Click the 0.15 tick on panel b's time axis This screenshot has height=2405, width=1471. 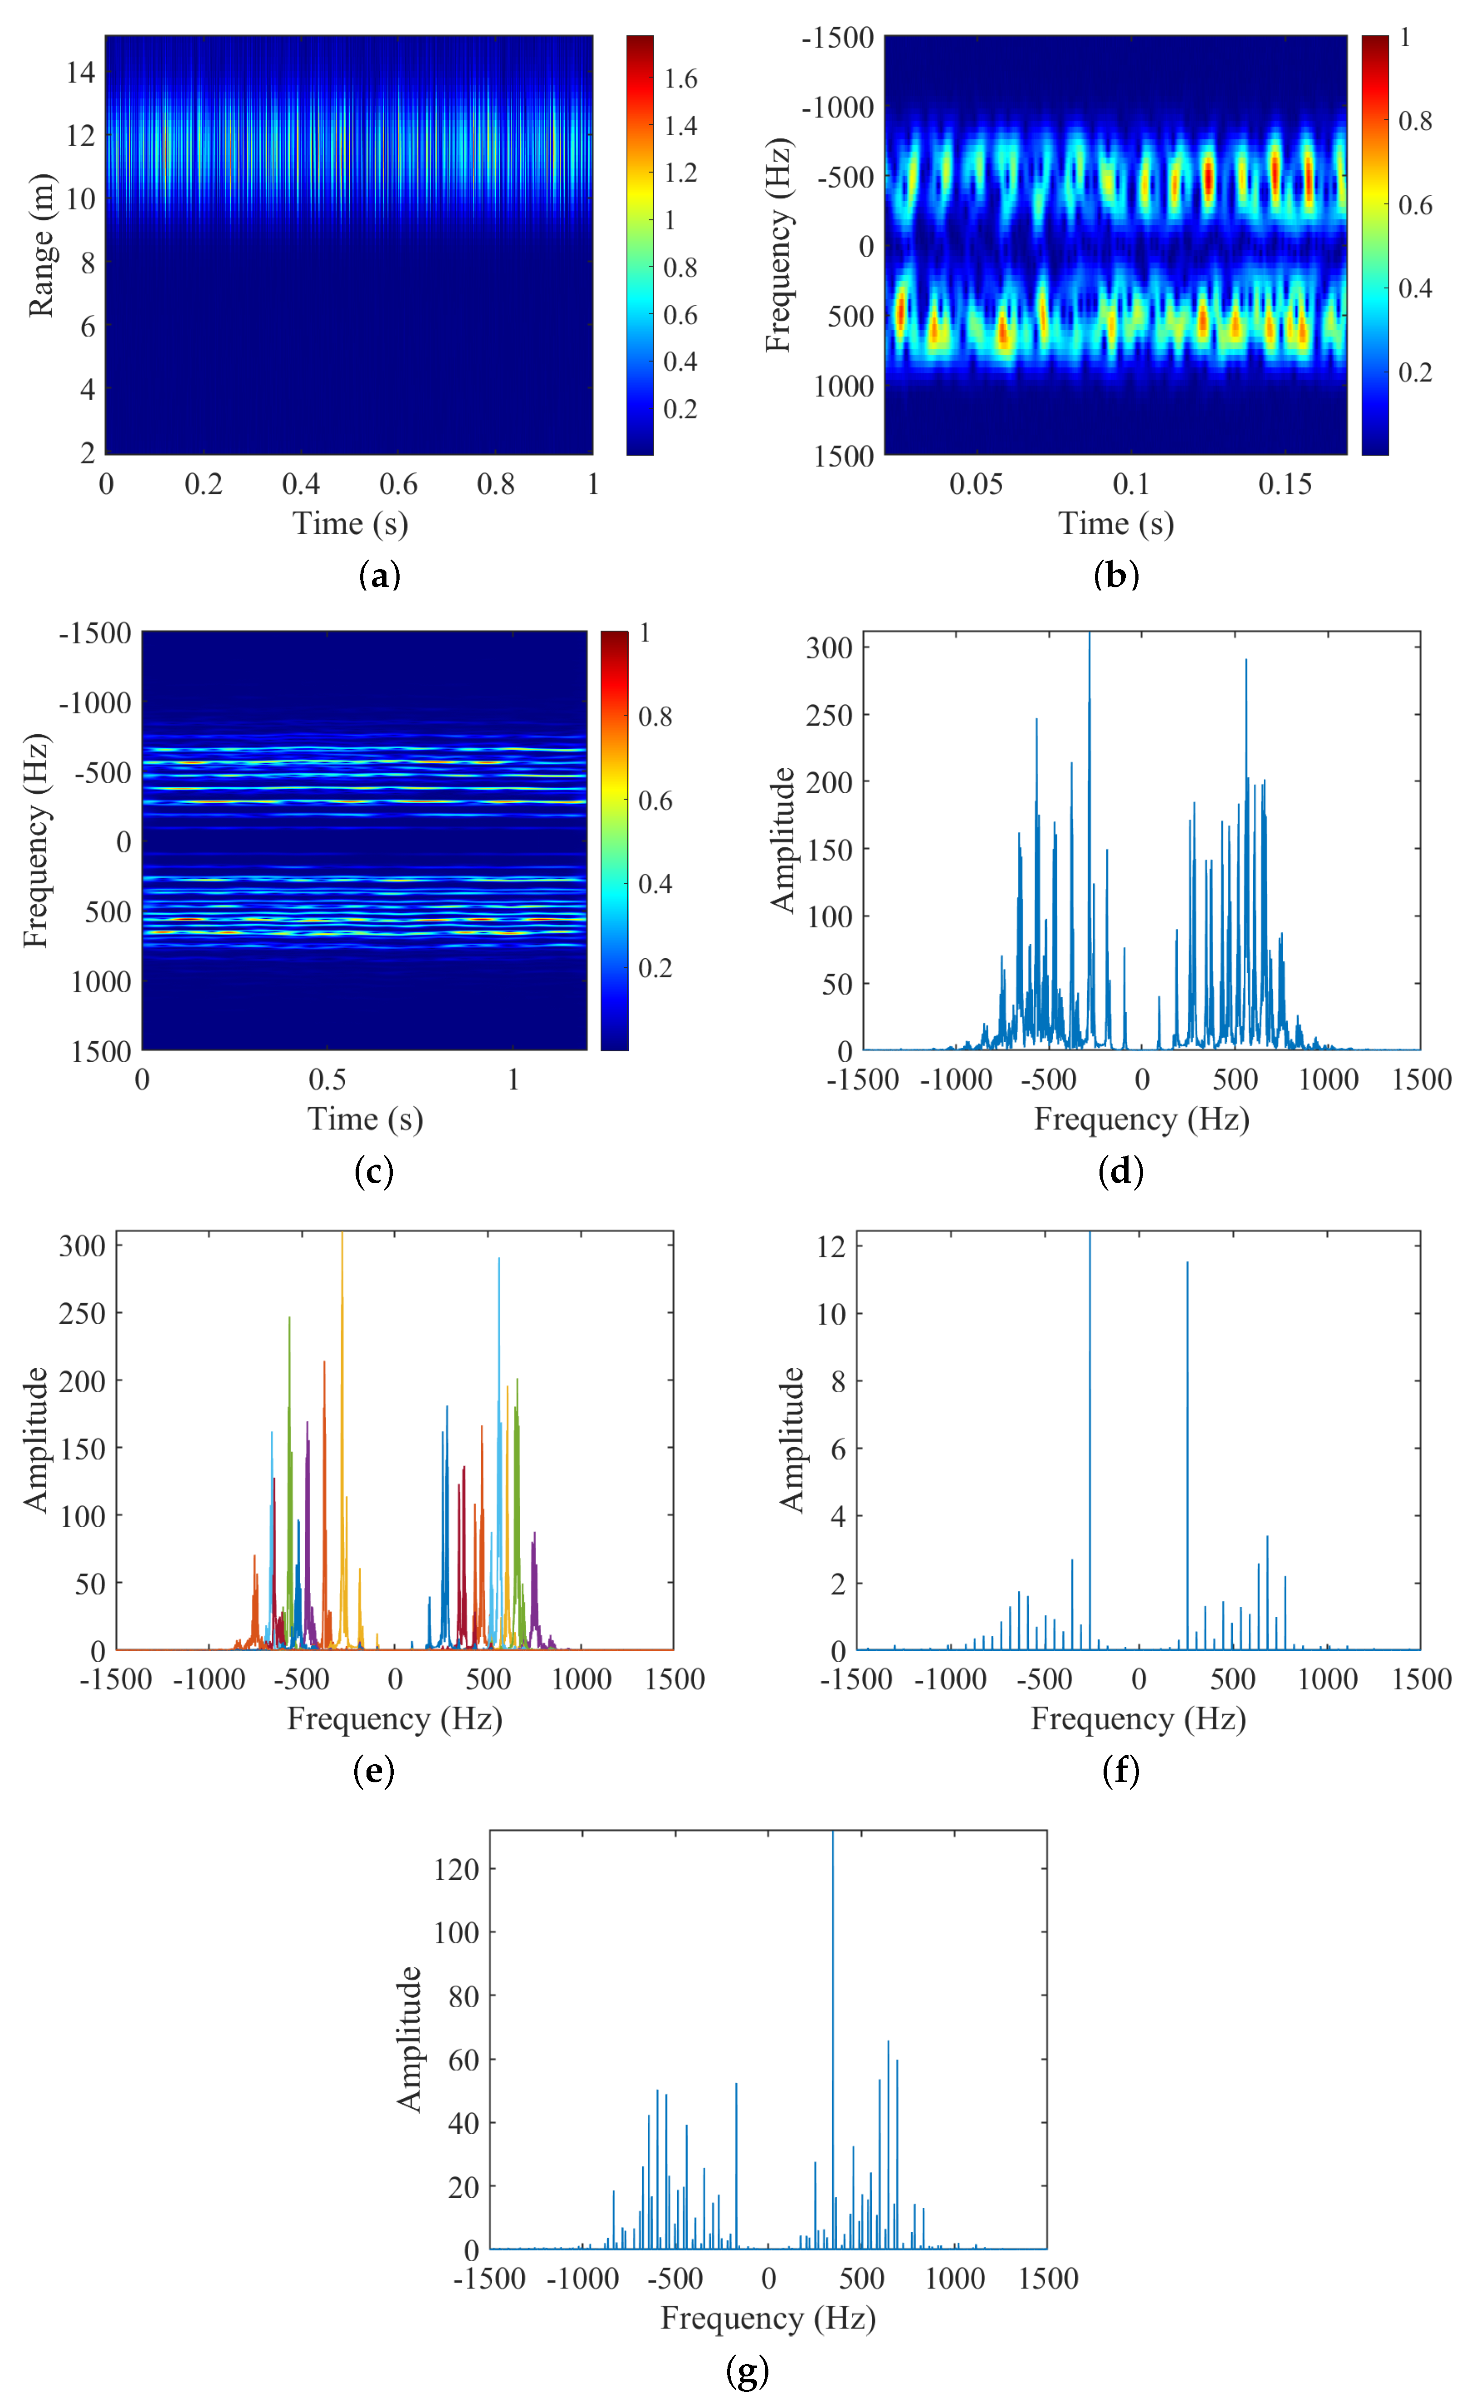1285,484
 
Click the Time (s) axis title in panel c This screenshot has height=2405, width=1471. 365,1118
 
